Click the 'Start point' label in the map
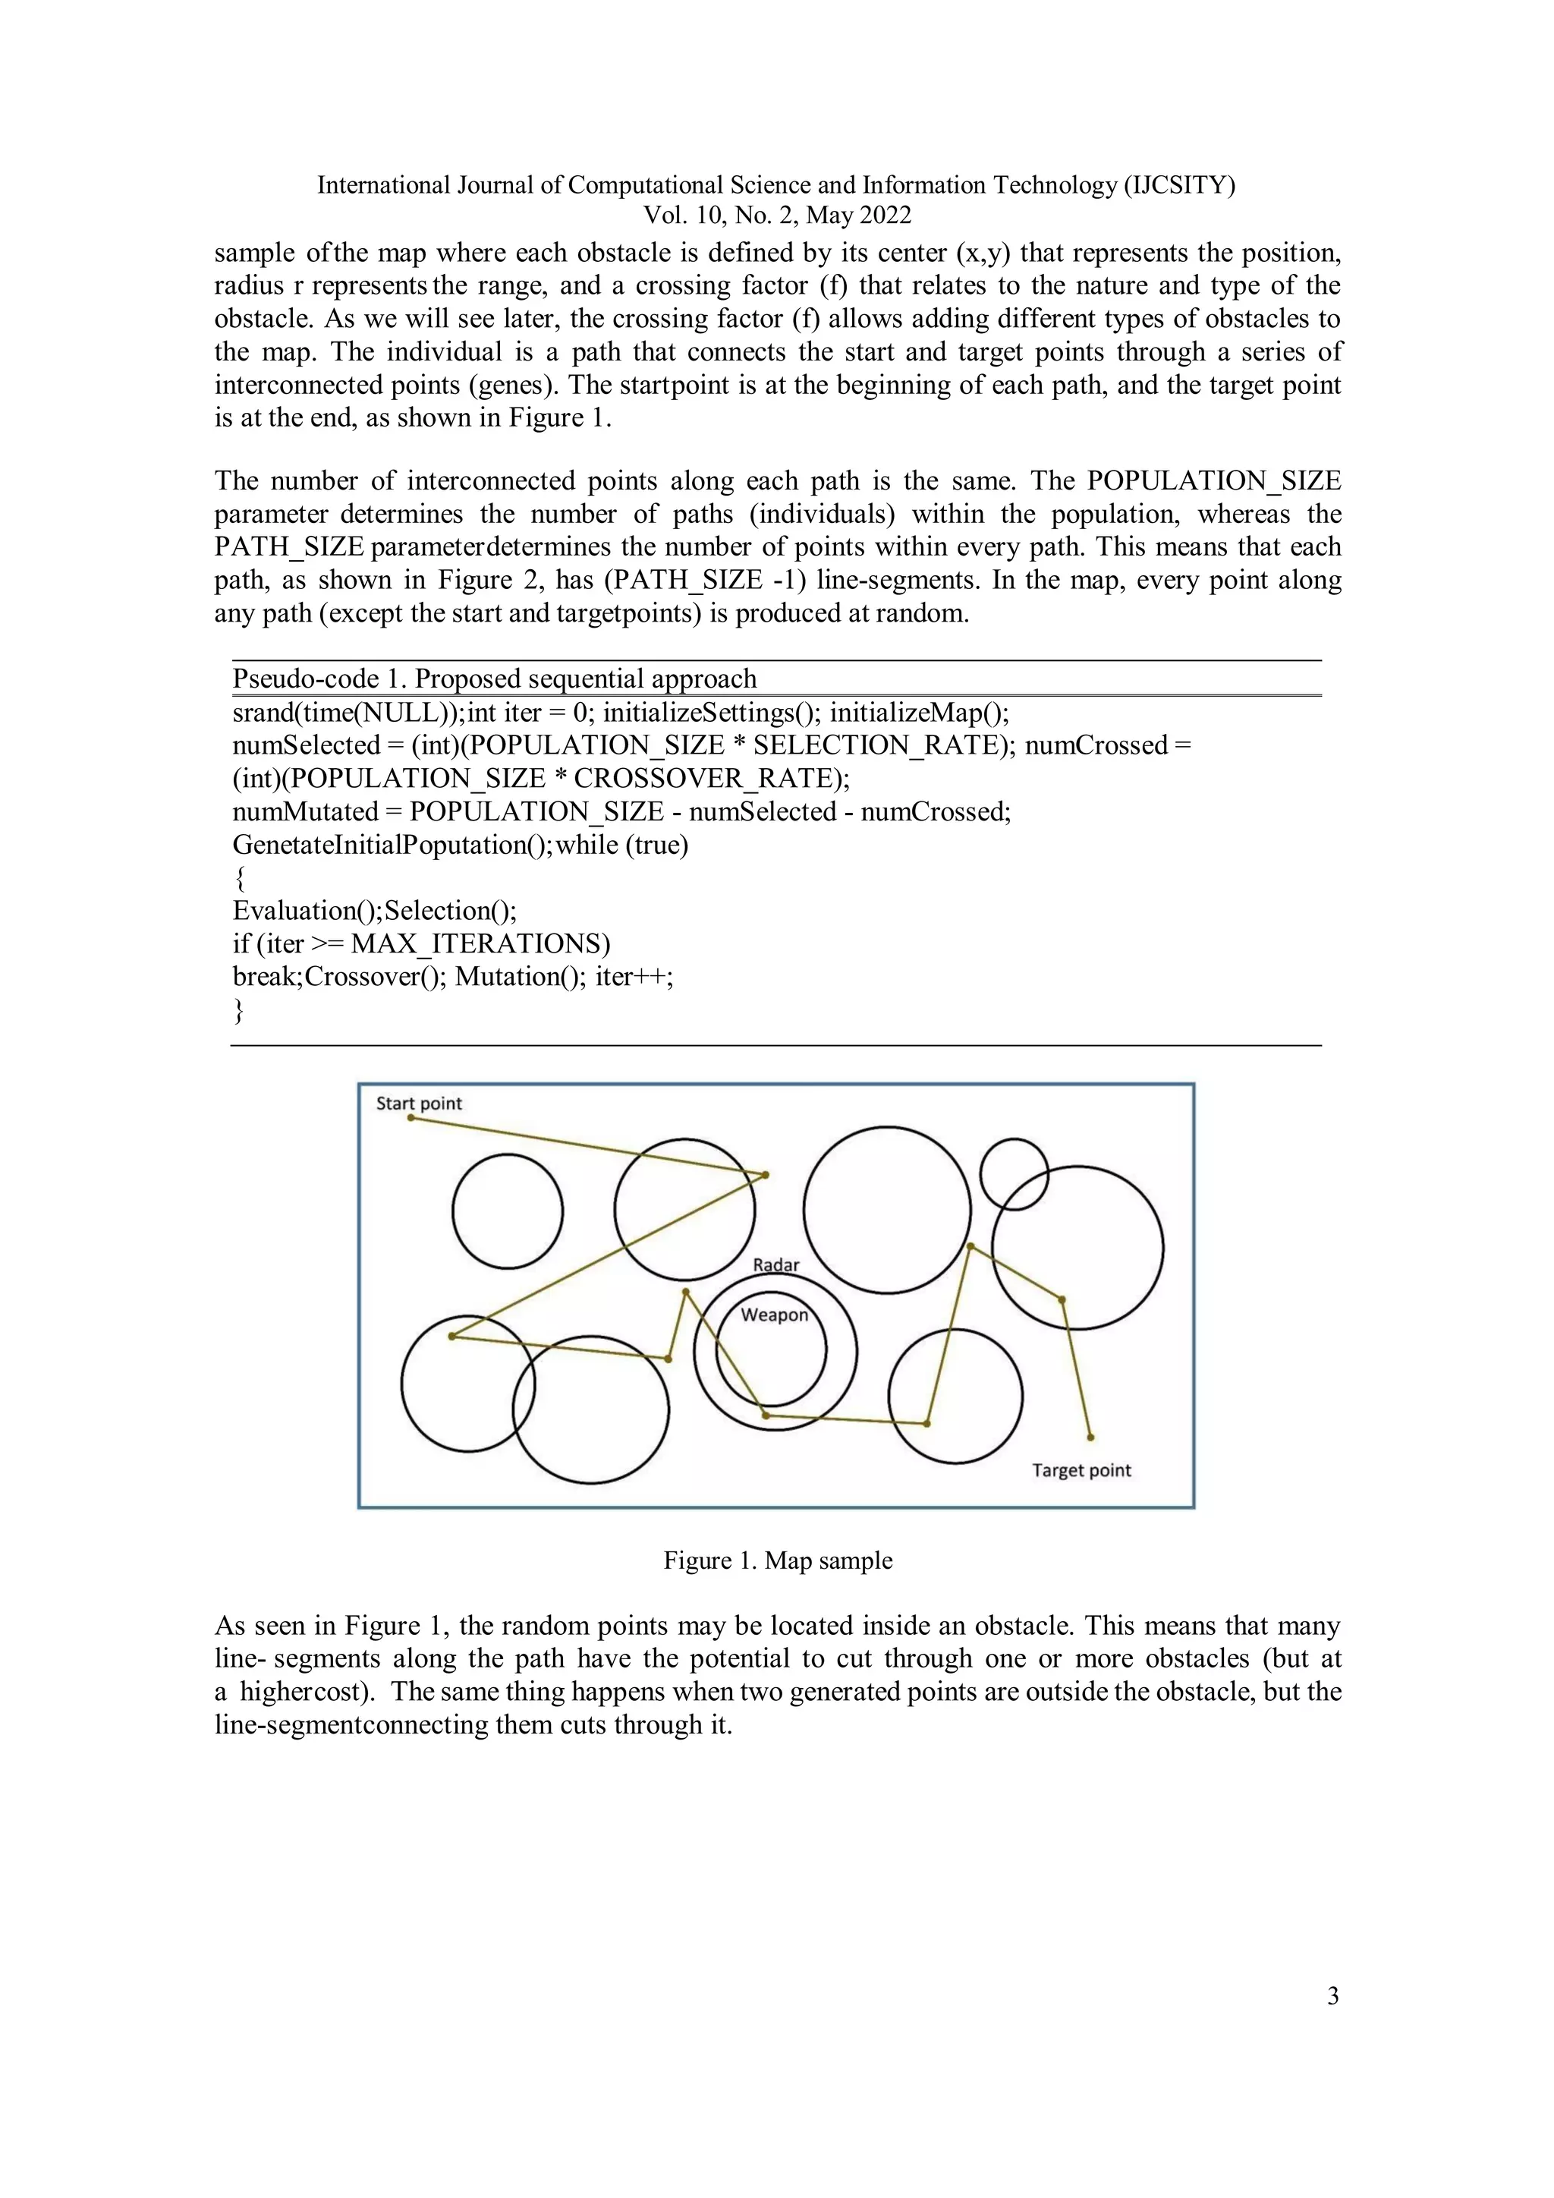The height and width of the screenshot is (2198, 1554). [418, 1103]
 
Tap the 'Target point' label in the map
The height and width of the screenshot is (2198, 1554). [1081, 1470]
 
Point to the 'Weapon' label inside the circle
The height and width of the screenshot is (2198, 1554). [774, 1315]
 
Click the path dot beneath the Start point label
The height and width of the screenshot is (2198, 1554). [411, 1118]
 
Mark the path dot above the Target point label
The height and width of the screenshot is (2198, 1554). [1091, 1437]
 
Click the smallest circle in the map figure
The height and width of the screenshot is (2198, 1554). [1015, 1173]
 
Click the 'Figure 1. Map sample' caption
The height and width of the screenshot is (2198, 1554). [777, 1560]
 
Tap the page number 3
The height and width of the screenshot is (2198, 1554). [1333, 1996]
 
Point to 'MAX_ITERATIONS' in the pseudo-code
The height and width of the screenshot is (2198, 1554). [480, 944]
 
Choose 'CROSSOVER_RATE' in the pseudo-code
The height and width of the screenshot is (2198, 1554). [703, 778]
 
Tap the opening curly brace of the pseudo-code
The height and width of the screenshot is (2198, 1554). [239, 878]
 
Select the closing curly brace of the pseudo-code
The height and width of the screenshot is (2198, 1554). [239, 1010]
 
